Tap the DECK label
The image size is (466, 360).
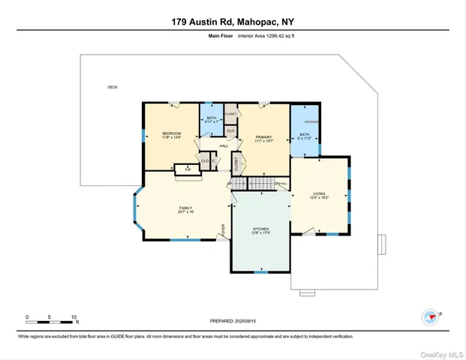click(113, 87)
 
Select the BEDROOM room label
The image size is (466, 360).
click(172, 133)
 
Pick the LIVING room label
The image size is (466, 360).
click(320, 194)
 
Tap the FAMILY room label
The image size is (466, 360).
click(185, 208)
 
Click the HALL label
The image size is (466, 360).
click(224, 145)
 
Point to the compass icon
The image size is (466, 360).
click(431, 316)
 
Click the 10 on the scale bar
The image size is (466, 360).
click(73, 317)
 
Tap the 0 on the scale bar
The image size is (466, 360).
click(27, 317)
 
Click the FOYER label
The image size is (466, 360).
click(222, 229)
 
